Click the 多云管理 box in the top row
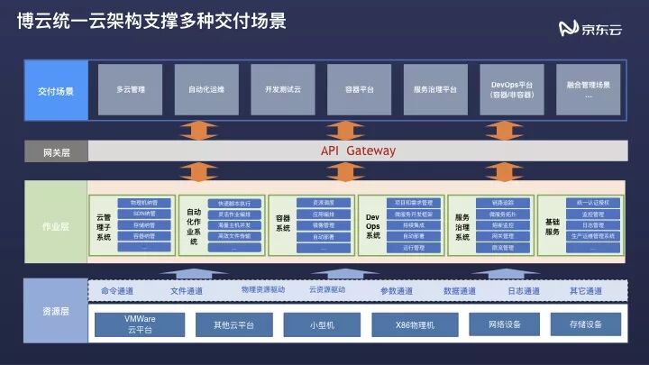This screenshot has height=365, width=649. click(131, 89)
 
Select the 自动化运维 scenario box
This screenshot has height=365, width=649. click(206, 89)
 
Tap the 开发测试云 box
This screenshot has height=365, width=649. click(283, 89)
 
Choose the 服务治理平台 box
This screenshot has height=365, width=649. click(435, 89)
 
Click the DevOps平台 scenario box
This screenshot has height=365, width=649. click(511, 89)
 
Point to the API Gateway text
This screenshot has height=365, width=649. click(358, 151)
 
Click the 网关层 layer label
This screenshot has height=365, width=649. click(56, 152)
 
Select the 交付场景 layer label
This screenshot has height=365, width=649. click(56, 91)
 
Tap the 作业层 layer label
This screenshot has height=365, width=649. click(56, 227)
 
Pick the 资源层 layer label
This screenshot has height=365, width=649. click(56, 311)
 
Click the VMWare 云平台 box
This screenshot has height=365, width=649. click(140, 324)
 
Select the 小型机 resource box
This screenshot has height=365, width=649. click(322, 324)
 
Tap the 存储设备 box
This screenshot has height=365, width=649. click(585, 324)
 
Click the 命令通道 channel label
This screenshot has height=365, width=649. click(117, 291)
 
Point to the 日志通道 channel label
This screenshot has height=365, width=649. click(523, 291)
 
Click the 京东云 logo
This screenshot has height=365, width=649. click(590, 29)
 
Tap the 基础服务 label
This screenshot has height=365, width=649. click(552, 226)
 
